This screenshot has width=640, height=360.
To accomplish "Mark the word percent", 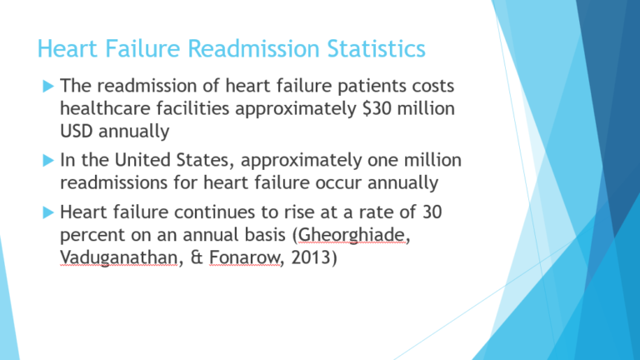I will [92, 236].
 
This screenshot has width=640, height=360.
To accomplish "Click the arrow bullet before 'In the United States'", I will [48, 160].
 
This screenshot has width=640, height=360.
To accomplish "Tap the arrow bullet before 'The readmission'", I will [48, 87].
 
